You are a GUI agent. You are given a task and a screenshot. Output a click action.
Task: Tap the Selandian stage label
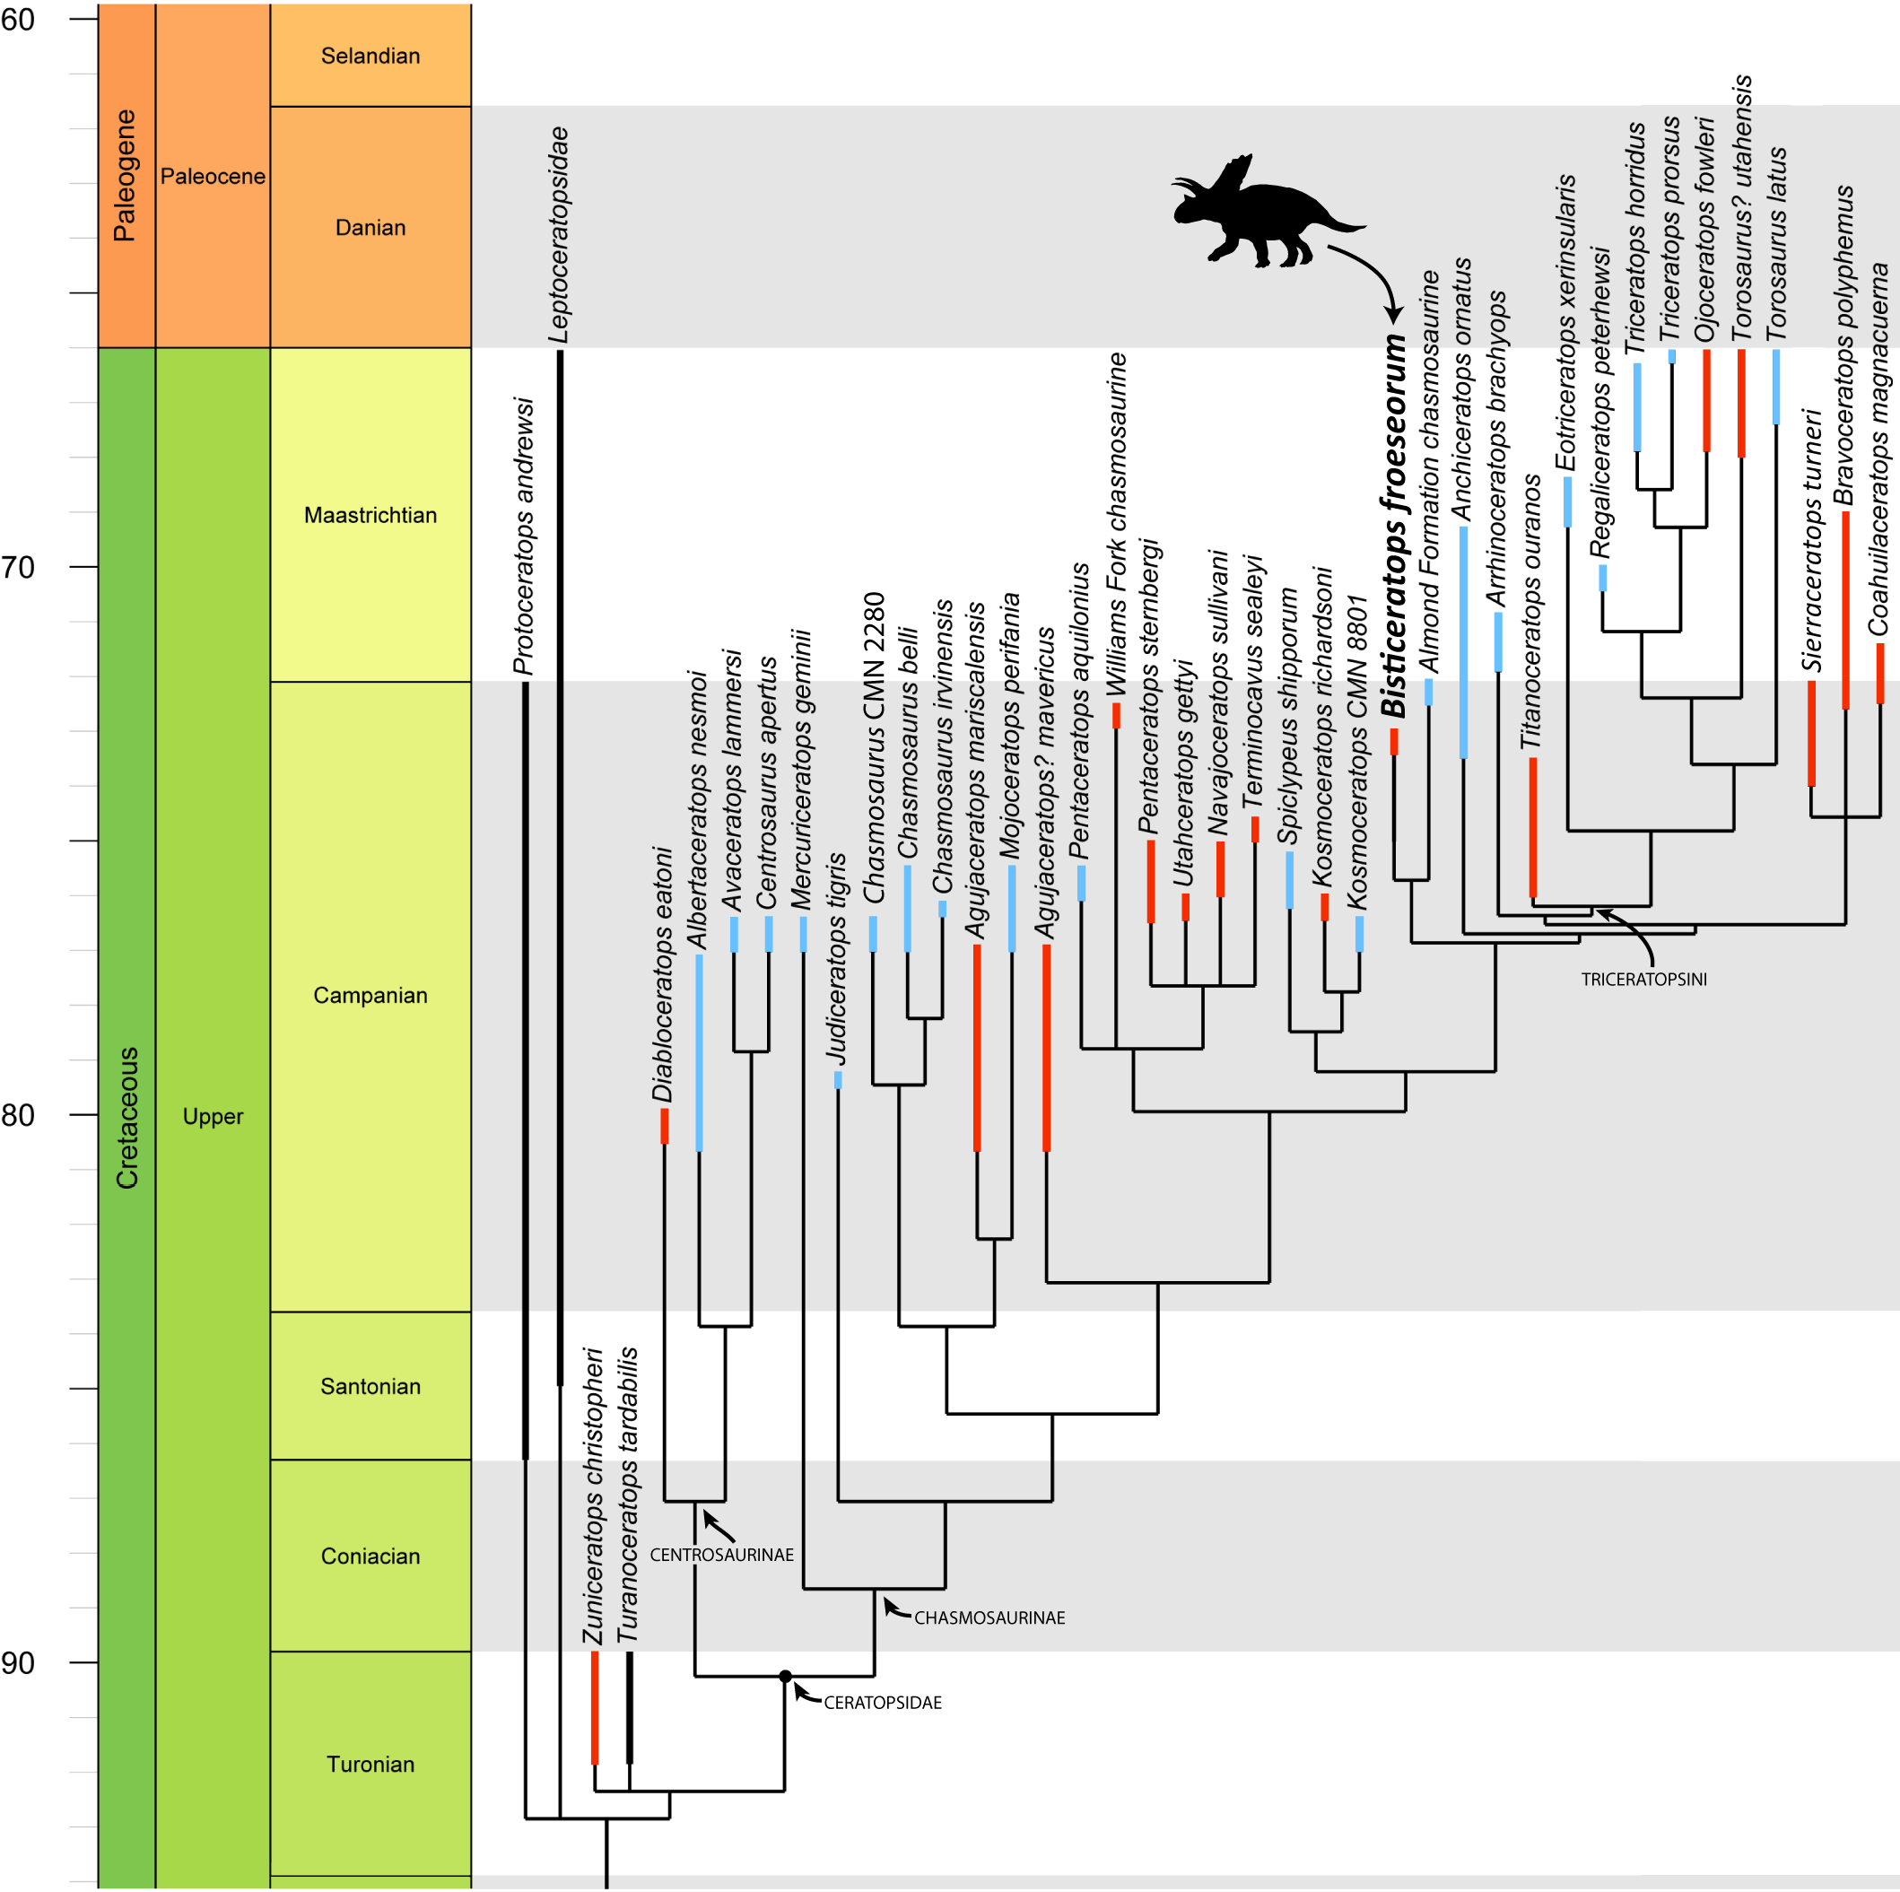pos(370,56)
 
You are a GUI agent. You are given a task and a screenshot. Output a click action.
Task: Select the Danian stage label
pos(370,228)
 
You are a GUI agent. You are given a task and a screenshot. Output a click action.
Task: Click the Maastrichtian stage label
pos(370,515)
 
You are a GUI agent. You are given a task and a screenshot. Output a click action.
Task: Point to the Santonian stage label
pos(370,1387)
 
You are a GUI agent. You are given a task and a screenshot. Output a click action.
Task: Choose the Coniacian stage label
pos(370,1556)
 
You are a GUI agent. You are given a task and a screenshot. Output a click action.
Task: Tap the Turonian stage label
pos(370,1764)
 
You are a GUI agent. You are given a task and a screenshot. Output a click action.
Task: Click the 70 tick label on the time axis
pos(18,567)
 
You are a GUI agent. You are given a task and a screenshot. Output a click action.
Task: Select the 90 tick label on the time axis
pos(18,1663)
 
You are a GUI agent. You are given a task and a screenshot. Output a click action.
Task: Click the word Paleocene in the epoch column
pos(213,177)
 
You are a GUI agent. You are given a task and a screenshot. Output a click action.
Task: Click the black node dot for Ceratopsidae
pos(785,1677)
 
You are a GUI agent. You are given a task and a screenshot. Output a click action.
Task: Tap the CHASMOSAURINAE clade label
pos(989,1618)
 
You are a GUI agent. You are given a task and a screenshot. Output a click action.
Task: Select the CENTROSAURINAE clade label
pos(721,1556)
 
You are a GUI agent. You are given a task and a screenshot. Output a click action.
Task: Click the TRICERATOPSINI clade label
pos(1643,980)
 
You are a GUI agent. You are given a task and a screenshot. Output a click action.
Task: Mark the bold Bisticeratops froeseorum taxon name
pos(1393,526)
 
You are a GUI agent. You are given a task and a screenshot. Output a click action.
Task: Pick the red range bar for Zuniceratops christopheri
pos(594,1708)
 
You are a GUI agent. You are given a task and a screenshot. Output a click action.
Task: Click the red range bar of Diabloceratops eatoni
pos(665,1126)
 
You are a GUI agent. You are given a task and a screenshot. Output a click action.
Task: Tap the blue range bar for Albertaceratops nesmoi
pos(699,1052)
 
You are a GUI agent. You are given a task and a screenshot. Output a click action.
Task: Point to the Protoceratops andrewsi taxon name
pos(525,536)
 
